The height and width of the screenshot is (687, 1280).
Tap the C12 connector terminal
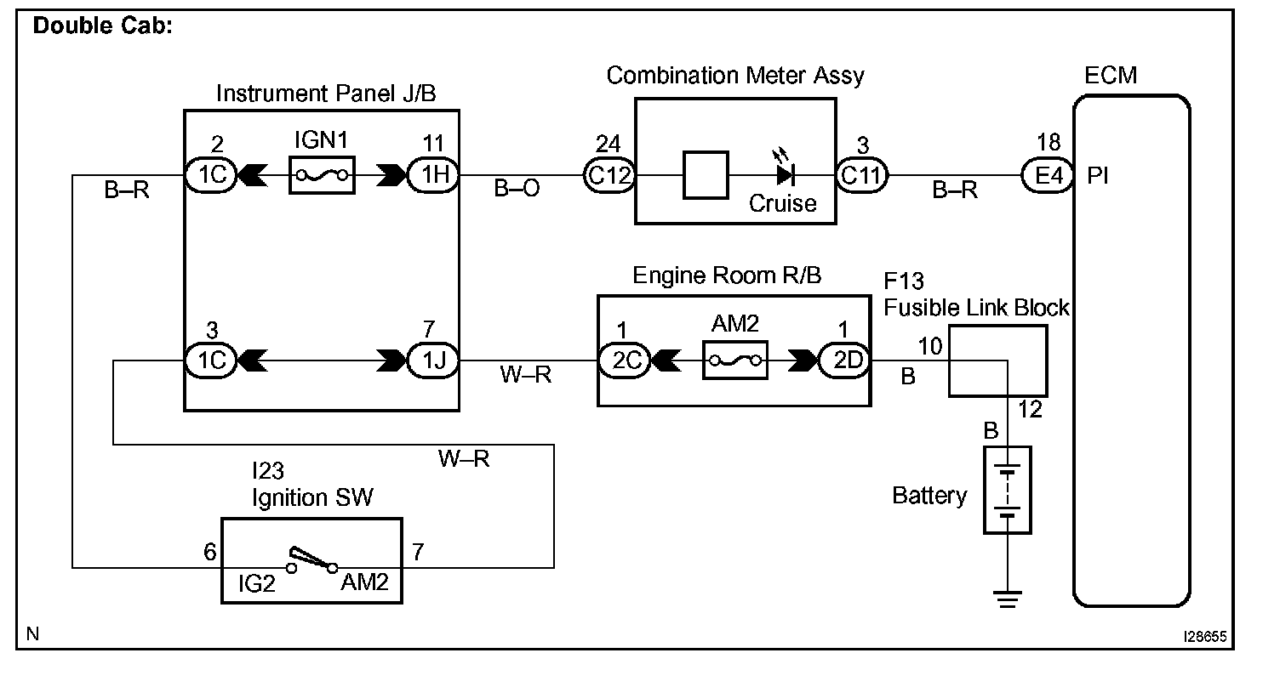608,175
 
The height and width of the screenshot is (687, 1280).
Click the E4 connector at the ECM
1046,175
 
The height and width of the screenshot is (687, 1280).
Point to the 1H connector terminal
433,175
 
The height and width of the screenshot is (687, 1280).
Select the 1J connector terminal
433,361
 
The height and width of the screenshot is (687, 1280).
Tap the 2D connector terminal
843,361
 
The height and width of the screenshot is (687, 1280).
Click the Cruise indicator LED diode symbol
785,175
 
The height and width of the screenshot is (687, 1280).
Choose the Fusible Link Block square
997,361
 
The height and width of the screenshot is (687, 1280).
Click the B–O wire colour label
517,189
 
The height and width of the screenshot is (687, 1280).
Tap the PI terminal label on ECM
1098,176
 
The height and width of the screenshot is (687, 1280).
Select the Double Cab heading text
102,26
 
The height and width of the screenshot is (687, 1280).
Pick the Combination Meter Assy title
734,76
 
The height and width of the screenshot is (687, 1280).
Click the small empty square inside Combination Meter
706,175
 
